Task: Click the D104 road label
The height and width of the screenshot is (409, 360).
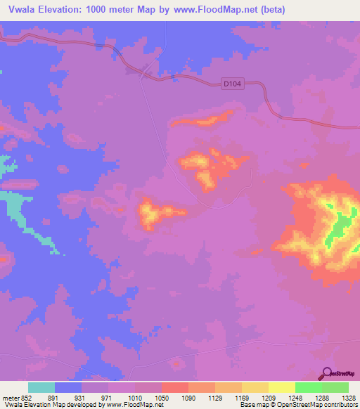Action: [233, 84]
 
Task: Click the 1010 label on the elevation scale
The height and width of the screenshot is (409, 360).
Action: [135, 398]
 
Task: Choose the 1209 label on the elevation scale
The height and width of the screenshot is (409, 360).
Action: [268, 398]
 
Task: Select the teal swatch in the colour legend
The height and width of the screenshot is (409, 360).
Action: [41, 387]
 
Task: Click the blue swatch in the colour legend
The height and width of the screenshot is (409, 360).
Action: [68, 387]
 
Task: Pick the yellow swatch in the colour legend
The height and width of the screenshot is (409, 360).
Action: [281, 387]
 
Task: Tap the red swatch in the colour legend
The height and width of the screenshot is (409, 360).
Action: [174, 387]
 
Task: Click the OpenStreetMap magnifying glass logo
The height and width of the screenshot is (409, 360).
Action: [328, 374]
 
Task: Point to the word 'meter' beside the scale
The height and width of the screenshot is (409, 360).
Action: [11, 398]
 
